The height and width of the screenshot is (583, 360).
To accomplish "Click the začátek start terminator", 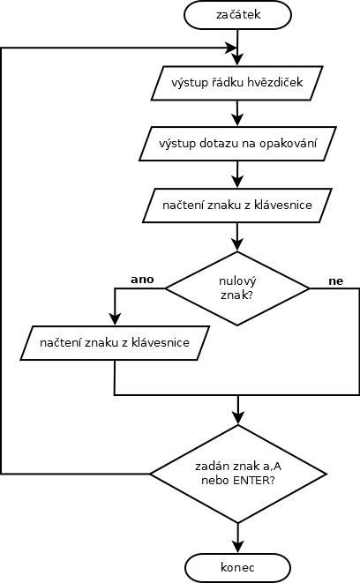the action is click(x=237, y=15).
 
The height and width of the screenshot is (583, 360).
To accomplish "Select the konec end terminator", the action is click(x=237, y=567).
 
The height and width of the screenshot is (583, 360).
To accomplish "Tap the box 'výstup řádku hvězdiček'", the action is click(x=236, y=83).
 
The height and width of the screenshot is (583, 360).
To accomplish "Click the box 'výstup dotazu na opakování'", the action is click(x=237, y=144).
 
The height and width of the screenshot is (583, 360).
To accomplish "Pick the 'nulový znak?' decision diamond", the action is click(x=237, y=288).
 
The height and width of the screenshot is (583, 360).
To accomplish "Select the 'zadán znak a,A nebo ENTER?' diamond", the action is click(x=238, y=474).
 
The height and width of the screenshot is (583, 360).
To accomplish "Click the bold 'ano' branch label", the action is click(x=142, y=280).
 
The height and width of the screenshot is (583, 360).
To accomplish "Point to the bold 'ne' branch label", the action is click(x=335, y=281).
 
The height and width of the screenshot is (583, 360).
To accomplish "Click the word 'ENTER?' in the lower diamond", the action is click(x=254, y=481).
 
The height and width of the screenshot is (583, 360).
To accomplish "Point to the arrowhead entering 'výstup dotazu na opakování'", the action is click(x=237, y=120).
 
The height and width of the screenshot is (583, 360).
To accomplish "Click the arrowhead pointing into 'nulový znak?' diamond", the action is click(x=237, y=245).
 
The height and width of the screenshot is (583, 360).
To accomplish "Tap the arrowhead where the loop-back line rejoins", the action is click(x=231, y=48).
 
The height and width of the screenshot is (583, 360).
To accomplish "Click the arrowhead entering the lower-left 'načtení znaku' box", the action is click(x=115, y=319).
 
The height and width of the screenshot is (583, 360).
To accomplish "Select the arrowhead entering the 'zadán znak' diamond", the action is click(x=237, y=418).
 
